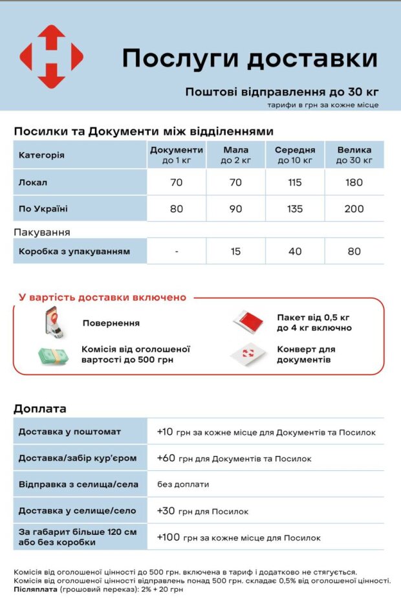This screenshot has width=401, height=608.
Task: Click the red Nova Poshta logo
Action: click(51, 57)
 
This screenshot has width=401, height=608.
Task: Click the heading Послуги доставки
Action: click(249, 58)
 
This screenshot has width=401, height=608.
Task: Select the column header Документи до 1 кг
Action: click(177, 155)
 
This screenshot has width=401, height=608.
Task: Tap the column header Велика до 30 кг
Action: click(354, 155)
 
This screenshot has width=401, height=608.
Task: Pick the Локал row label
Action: click(33, 182)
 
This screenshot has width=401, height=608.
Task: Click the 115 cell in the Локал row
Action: click(295, 182)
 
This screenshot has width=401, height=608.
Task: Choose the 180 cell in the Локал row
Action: click(354, 182)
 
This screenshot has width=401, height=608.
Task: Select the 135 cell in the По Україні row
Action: click(295, 209)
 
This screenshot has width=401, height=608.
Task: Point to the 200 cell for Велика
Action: click(354, 209)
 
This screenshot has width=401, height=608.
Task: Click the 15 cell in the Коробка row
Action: click(235, 251)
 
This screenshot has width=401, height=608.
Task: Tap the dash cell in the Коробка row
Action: click(177, 251)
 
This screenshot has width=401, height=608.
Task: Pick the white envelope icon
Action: click(250, 354)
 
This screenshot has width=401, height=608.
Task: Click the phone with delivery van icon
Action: click(54, 323)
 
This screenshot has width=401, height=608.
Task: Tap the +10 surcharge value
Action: click(165, 431)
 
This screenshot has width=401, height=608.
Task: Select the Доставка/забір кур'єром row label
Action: click(78, 458)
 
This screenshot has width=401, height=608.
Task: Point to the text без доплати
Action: click(183, 484)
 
